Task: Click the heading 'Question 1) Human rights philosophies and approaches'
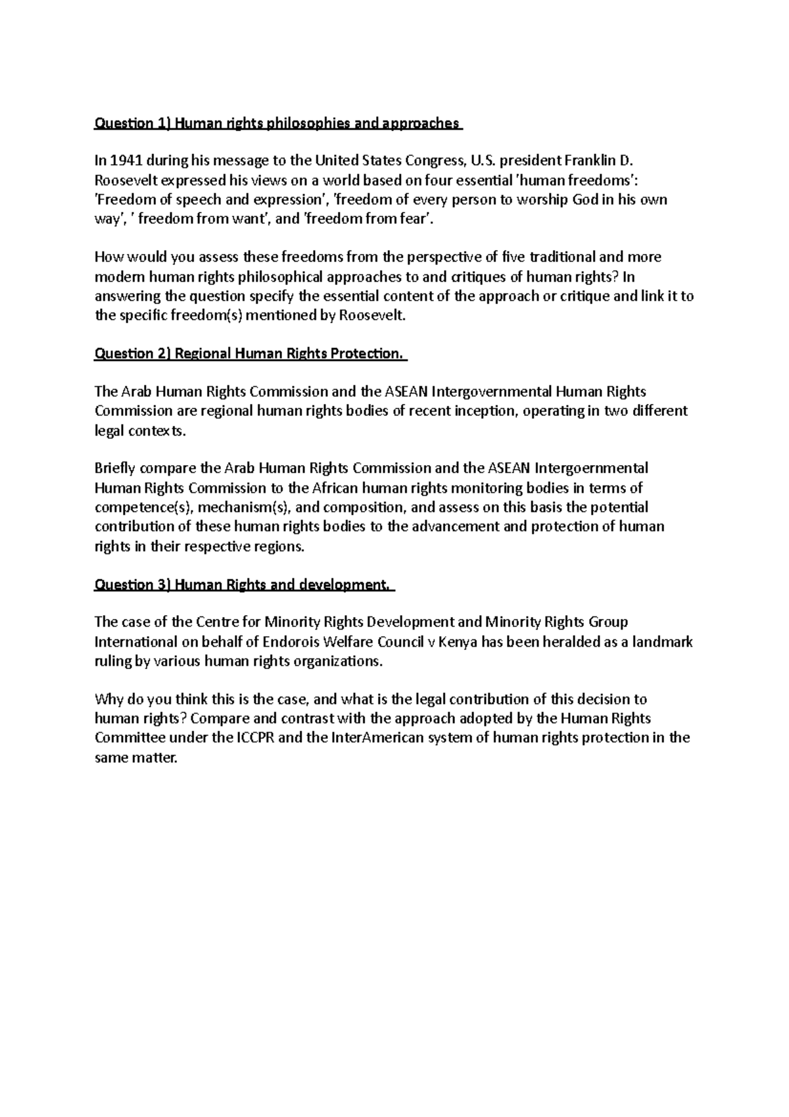coord(277,123)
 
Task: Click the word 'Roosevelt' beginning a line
coord(126,180)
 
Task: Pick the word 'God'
coord(585,199)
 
